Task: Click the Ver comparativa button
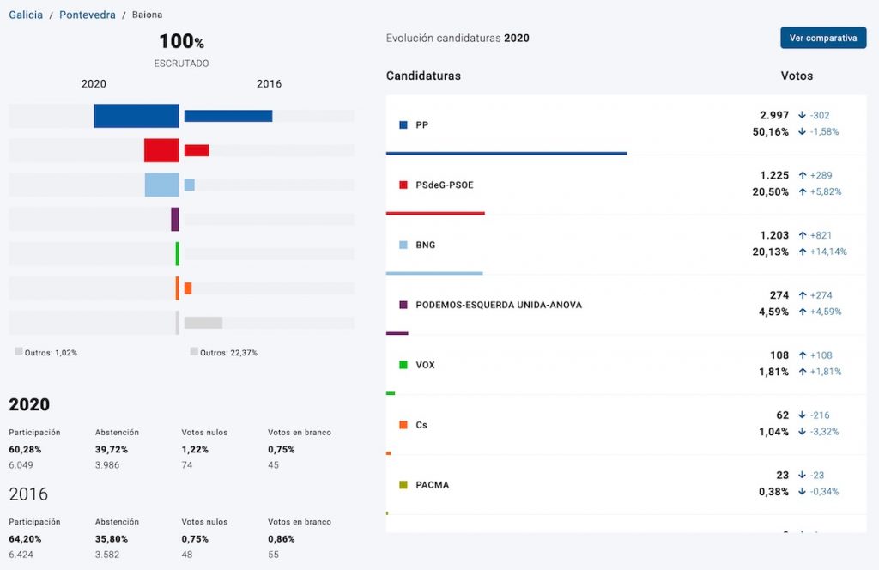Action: coord(822,38)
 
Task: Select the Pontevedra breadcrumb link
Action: coord(88,15)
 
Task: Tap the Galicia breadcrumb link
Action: coord(26,15)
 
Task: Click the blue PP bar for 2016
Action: coord(228,116)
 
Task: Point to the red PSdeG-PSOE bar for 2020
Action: coord(161,150)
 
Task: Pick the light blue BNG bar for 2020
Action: coord(161,185)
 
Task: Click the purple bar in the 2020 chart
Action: coord(175,219)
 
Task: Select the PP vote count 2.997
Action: coord(773,115)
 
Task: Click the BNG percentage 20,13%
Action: coord(770,252)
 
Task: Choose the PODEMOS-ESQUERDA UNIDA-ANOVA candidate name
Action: coord(499,305)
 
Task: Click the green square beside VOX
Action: coord(403,365)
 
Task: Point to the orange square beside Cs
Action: coord(403,425)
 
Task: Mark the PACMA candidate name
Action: coord(432,485)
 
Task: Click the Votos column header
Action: coord(797,76)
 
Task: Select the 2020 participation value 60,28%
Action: coord(25,449)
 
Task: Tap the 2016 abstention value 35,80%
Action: coord(111,539)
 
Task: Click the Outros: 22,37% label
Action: coord(228,352)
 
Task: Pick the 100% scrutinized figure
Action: coord(181,41)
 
